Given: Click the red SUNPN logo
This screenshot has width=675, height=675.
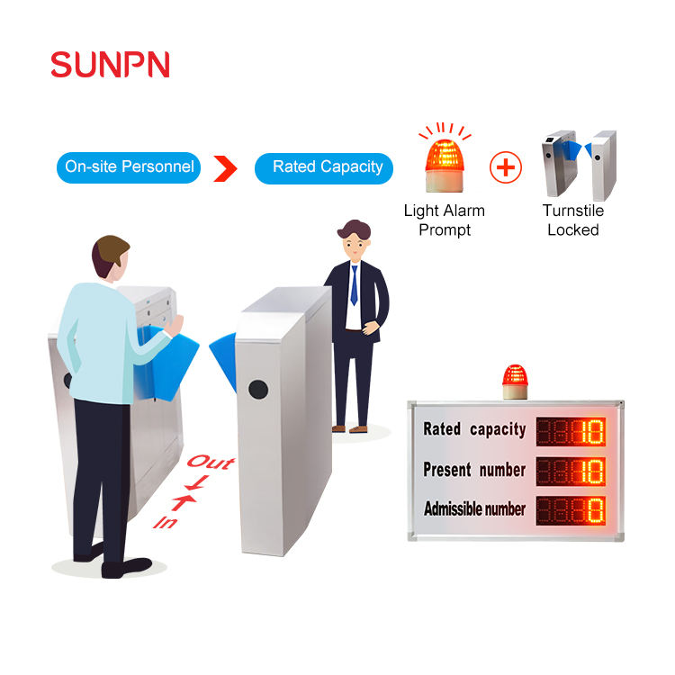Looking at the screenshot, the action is pyautogui.click(x=110, y=65).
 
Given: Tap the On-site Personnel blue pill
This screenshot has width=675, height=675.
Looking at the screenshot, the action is pyautogui.click(x=129, y=167).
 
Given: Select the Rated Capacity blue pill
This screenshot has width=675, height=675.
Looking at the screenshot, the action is pyautogui.click(x=324, y=168).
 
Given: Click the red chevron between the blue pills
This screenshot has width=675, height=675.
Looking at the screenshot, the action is pyautogui.click(x=225, y=168).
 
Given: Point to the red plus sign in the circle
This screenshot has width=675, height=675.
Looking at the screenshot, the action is pyautogui.click(x=506, y=167).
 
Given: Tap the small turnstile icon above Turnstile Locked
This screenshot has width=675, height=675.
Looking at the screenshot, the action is pyautogui.click(x=579, y=165).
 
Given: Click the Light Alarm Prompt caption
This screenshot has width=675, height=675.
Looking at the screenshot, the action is pyautogui.click(x=445, y=220).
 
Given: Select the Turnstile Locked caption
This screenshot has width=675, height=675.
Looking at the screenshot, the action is pyautogui.click(x=573, y=220).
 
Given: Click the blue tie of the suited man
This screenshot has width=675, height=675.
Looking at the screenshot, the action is pyautogui.click(x=354, y=285).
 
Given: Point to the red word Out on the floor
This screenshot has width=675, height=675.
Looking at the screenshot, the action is pyautogui.click(x=211, y=463).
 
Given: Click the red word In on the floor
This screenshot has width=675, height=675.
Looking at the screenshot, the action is pyautogui.click(x=166, y=523).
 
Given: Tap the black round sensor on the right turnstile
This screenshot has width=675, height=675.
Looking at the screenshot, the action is pyautogui.click(x=258, y=389).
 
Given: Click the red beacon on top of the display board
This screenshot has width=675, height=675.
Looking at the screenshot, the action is pyautogui.click(x=515, y=382).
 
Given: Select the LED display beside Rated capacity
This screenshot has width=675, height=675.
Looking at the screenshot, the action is pyautogui.click(x=571, y=431).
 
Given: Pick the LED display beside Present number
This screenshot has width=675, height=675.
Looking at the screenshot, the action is pyautogui.click(x=571, y=472).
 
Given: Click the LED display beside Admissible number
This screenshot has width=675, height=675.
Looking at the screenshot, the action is pyautogui.click(x=571, y=510).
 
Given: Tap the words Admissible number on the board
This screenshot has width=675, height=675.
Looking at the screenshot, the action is pyautogui.click(x=474, y=508).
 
